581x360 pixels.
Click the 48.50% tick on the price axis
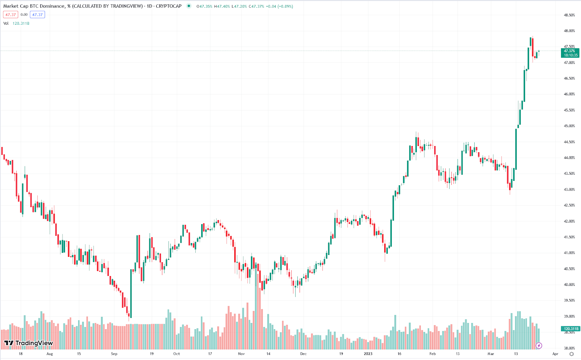tap(569, 15)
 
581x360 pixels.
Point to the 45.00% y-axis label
tap(569, 126)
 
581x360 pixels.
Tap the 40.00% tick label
tap(569, 285)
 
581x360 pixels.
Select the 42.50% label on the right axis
tap(569, 205)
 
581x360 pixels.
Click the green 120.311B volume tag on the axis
tap(570, 329)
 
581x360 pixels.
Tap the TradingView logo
tap(29, 343)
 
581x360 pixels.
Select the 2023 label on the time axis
tap(368, 354)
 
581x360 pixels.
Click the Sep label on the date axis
tap(114, 354)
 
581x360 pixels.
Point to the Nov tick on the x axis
tap(241, 354)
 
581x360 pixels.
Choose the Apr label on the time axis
tap(555, 354)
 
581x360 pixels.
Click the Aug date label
tap(50, 354)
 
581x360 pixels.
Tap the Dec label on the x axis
tap(303, 354)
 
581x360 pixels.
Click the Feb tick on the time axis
tap(432, 354)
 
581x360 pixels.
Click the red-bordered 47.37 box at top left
tap(11, 15)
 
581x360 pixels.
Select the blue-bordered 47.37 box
tap(37, 15)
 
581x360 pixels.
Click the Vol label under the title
tap(6, 23)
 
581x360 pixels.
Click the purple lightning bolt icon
tap(539, 345)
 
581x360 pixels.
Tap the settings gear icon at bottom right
tap(572, 354)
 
